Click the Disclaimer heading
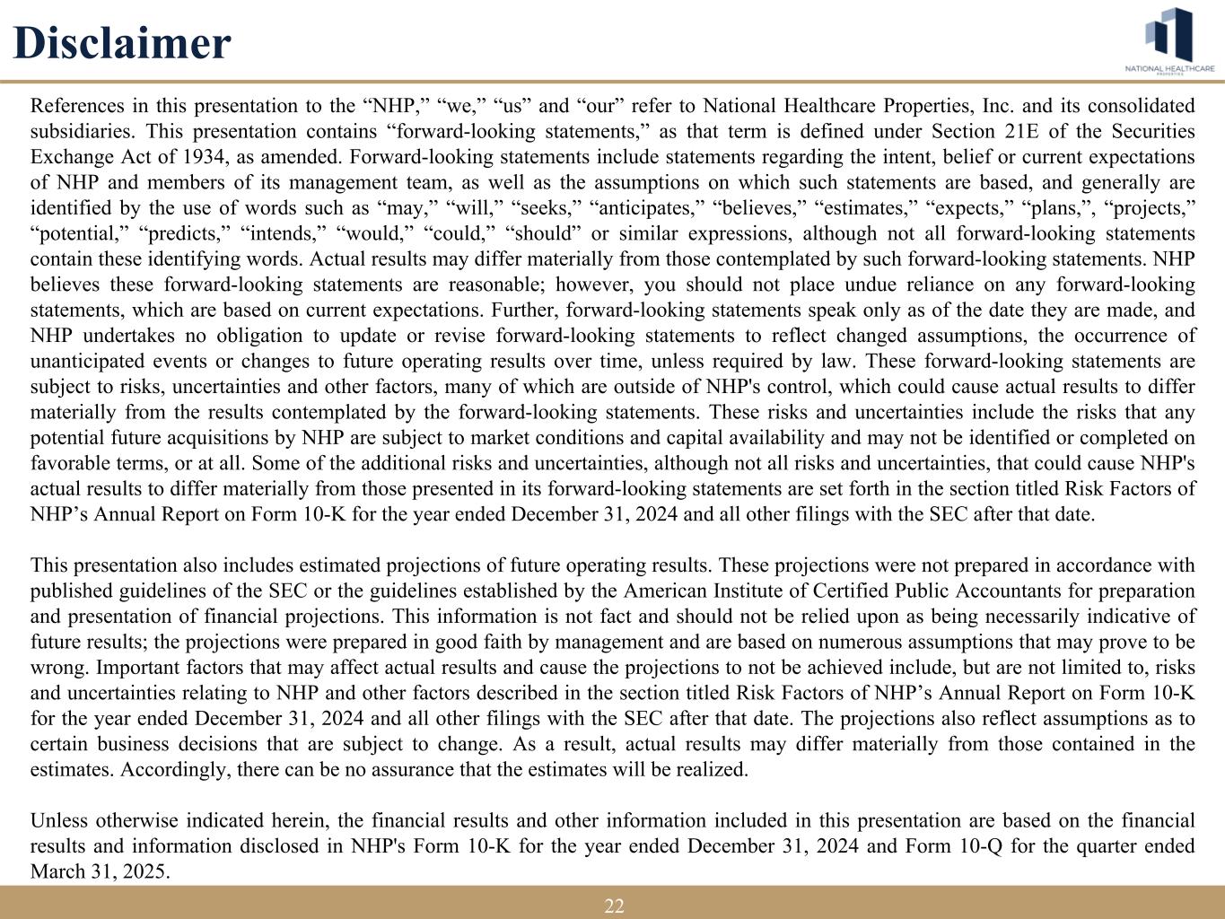point(122,43)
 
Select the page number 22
point(614,906)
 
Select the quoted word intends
point(281,234)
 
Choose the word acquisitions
point(218,438)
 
